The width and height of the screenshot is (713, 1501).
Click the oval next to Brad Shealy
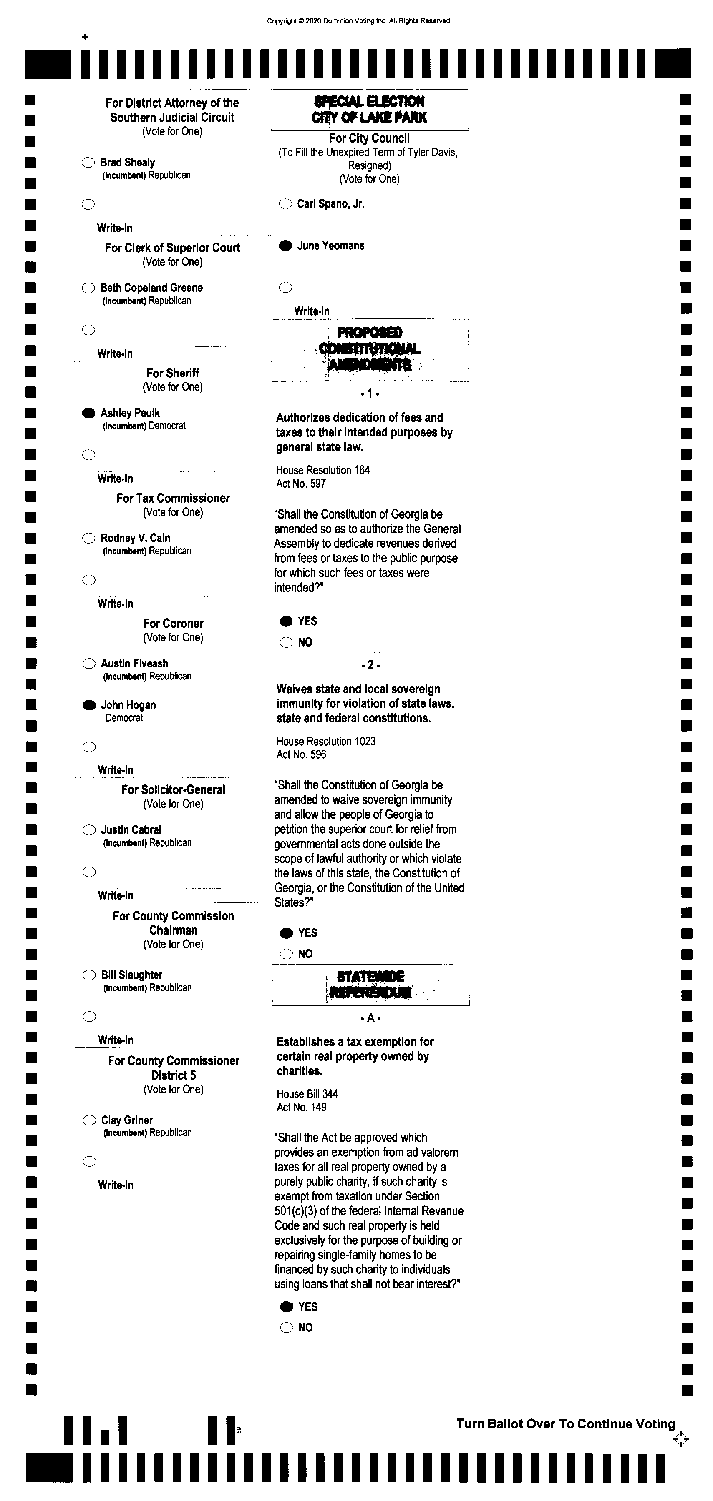coord(88,163)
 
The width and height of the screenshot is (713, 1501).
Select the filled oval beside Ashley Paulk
coord(88,413)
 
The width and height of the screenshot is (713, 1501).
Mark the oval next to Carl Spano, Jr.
coord(285,204)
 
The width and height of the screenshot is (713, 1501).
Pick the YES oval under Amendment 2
coord(286,933)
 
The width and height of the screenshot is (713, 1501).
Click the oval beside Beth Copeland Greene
coord(88,288)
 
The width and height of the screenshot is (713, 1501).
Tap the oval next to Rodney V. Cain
coord(88,538)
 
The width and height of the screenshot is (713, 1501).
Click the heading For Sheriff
coord(173,373)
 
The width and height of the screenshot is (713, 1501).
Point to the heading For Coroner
coord(173,624)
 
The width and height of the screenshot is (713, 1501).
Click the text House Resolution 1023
coord(326,741)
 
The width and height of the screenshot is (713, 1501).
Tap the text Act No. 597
coord(301,484)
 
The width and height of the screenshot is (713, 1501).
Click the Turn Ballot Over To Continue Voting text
coord(565,1423)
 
